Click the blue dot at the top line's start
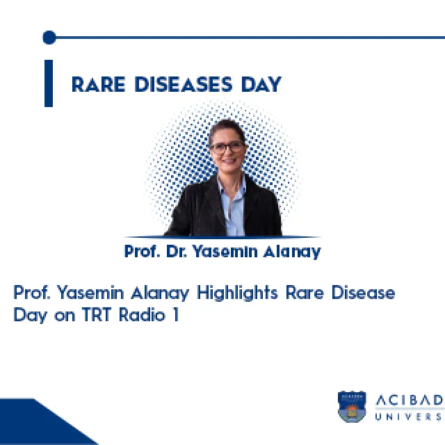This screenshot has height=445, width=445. tap(49, 38)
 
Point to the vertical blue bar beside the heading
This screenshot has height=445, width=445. tap(49, 83)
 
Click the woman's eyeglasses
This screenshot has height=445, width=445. tap(227, 147)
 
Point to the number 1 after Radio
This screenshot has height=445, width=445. tap(175, 314)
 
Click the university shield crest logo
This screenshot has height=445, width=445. tap(352, 406)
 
